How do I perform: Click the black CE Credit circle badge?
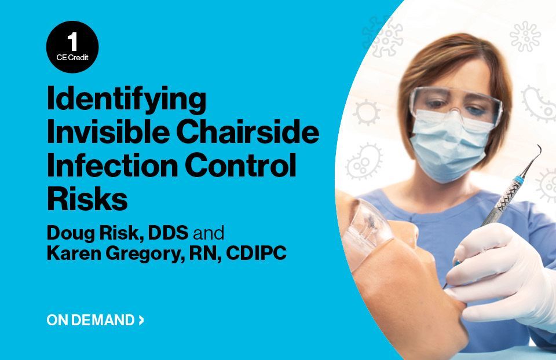tap(72, 47)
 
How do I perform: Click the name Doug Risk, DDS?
tap(118, 233)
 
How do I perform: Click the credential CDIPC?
tap(256, 253)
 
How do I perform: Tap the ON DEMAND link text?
tap(91, 320)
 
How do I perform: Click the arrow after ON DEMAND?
tap(141, 320)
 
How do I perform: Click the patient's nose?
tap(407, 234)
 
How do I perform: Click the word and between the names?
tap(209, 233)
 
